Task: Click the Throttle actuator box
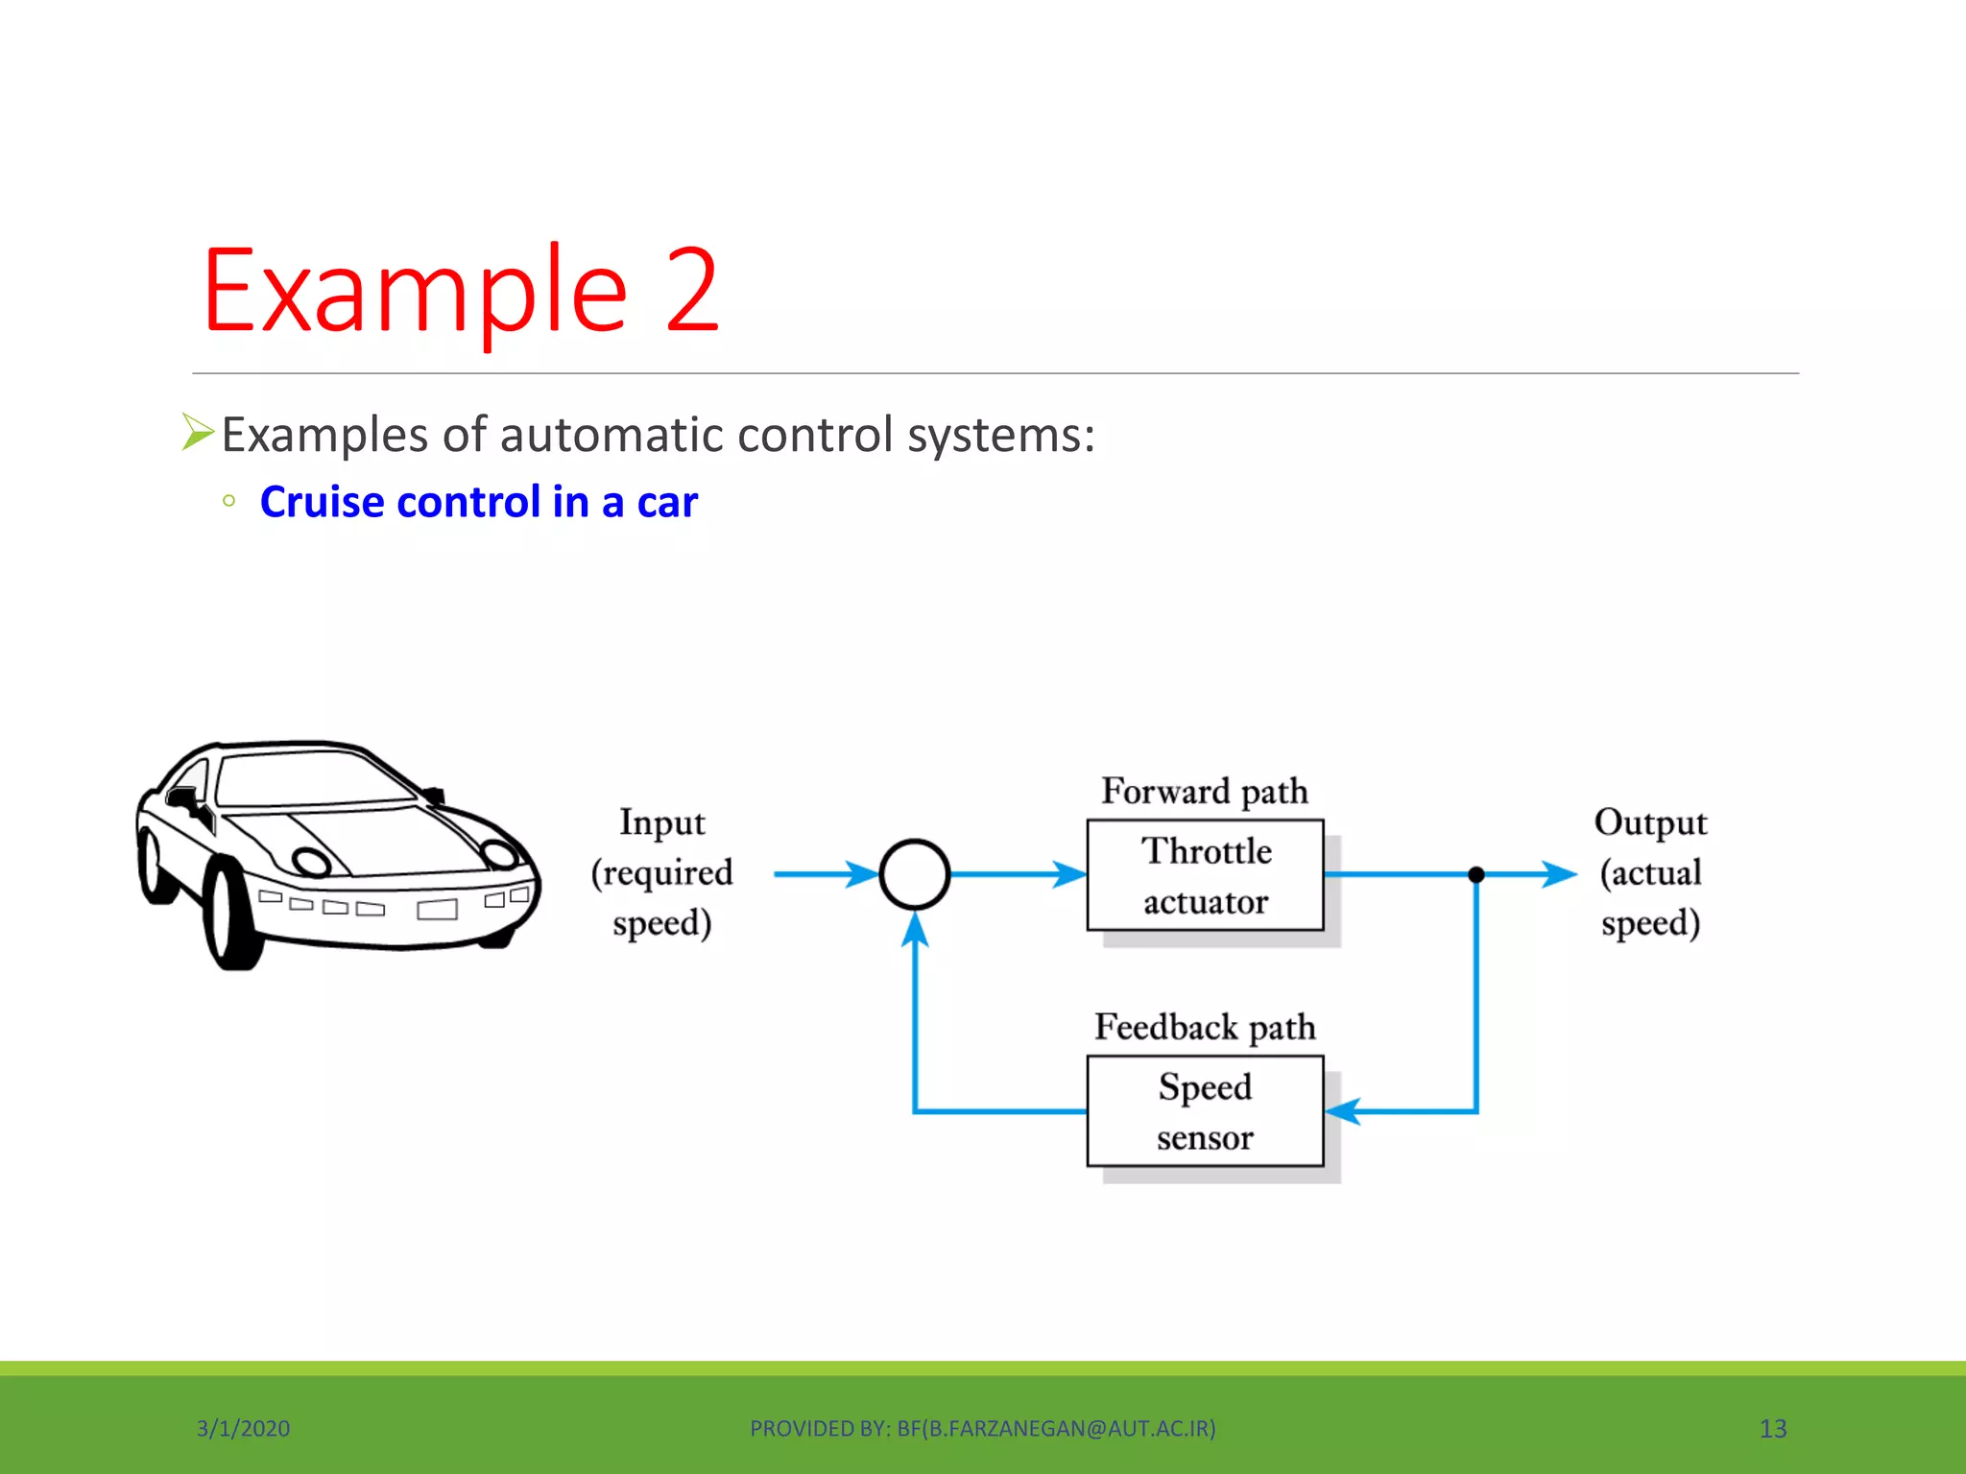click(x=1205, y=875)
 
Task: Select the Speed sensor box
click(x=1205, y=1111)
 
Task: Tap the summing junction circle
click(x=915, y=874)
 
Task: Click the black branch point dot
click(x=1476, y=874)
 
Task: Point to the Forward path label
click(x=1205, y=792)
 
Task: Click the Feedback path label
click(x=1205, y=1028)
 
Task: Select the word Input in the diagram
click(x=662, y=823)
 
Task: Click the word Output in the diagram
click(x=1650, y=823)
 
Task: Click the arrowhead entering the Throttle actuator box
click(x=1069, y=874)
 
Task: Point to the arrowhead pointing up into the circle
click(x=915, y=929)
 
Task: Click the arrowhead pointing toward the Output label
click(x=1559, y=874)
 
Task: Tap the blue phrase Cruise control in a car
click(x=478, y=502)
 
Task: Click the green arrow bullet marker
click(x=198, y=432)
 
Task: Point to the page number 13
click(x=1772, y=1429)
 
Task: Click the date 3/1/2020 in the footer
click(x=243, y=1429)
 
